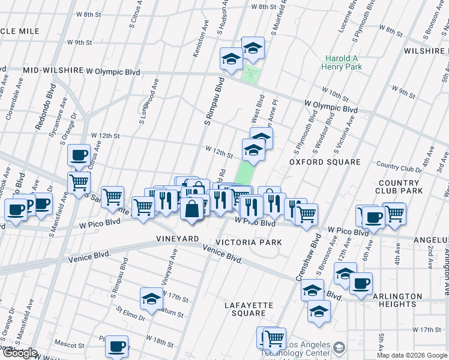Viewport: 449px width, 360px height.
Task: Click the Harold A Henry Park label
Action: click(x=343, y=63)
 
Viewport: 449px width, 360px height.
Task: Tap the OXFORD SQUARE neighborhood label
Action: click(x=325, y=162)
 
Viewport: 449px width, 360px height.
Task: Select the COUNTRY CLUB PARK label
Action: click(x=399, y=187)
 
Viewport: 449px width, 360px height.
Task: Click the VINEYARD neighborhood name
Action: click(x=178, y=239)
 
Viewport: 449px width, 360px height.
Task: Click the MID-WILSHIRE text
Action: click(x=53, y=71)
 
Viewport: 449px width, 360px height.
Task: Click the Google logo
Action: click(x=19, y=353)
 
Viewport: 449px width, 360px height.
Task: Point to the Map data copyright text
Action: click(x=412, y=355)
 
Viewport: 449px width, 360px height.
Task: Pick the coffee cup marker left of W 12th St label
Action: click(x=79, y=155)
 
